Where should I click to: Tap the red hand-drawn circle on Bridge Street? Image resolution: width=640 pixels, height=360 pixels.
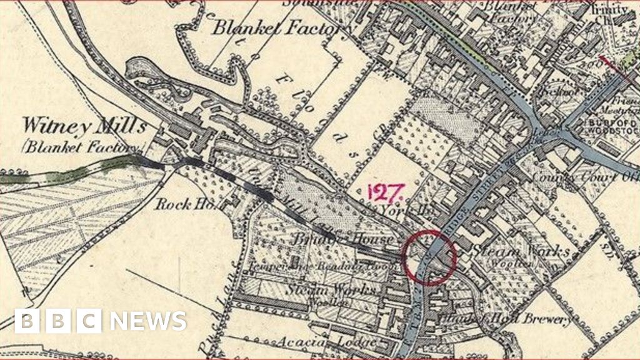point(429,257)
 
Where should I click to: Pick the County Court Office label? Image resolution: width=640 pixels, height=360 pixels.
point(584,177)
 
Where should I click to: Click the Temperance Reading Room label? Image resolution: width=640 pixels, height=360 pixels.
point(319,267)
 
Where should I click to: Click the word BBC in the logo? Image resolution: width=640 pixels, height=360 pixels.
point(57,321)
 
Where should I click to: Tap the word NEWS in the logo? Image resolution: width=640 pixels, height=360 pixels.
point(148,321)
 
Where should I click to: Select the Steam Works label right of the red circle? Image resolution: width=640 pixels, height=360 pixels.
point(522,252)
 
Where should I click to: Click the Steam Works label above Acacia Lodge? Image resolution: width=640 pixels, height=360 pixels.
point(332,291)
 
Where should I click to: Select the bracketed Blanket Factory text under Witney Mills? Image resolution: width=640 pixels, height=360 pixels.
point(81,148)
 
